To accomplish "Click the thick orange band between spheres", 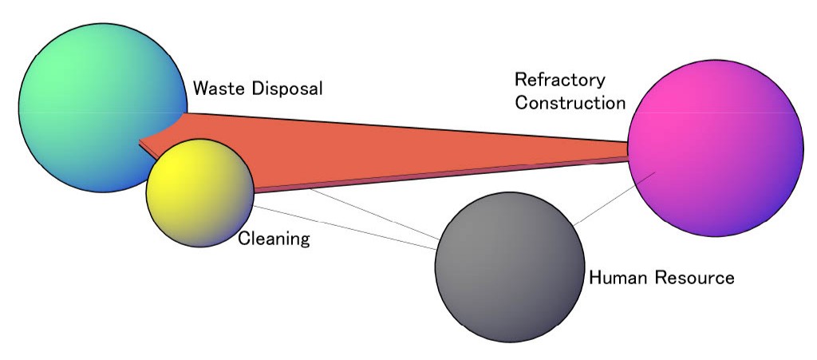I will coord(415,152).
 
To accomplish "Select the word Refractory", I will coord(559,81).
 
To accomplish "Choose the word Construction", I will coord(569,103).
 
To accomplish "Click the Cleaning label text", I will coord(274,239).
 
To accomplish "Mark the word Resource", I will coord(693,279).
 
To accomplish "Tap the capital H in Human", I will coord(594,279).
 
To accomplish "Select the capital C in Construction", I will coord(521,103).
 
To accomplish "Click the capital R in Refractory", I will coord(520,81).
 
